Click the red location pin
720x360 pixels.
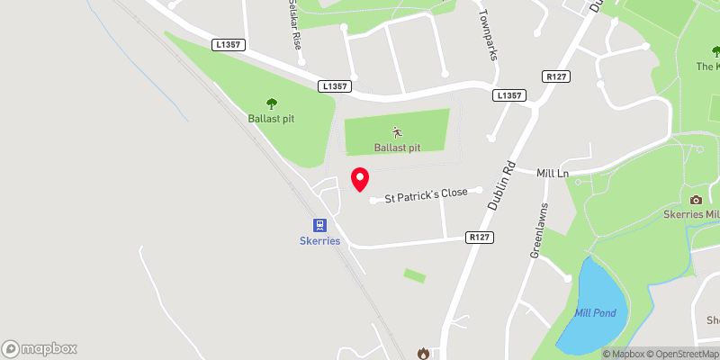pos(359,179)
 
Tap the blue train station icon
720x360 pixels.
pos(320,225)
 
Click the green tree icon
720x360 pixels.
pos(272,104)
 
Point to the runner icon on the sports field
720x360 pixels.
pos(397,131)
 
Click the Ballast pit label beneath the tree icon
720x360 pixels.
pos(272,119)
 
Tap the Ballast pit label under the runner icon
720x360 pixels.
pos(397,147)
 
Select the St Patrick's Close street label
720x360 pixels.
pos(427,195)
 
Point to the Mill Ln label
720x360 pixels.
pos(553,172)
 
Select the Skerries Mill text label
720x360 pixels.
pos(691,215)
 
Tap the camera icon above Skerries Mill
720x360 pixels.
pos(696,200)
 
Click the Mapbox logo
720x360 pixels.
pos(40,348)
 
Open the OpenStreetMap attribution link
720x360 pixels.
pos(686,354)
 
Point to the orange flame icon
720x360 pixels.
pos(423,353)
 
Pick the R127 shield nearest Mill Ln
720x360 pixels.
pos(554,78)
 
